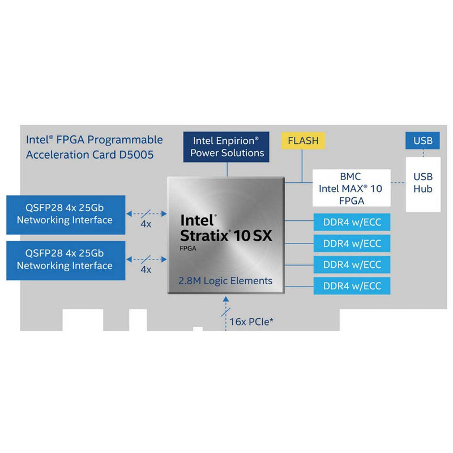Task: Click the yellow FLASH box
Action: (x=304, y=140)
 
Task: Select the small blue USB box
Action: (x=423, y=140)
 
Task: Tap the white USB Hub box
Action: (x=423, y=182)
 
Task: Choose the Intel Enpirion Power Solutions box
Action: (x=227, y=146)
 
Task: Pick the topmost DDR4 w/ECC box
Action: (x=352, y=221)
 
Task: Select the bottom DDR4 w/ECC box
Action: (x=352, y=285)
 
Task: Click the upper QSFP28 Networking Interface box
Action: (x=65, y=214)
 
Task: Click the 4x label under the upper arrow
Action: (x=146, y=224)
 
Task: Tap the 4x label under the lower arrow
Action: (x=146, y=270)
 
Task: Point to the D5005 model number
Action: (x=136, y=153)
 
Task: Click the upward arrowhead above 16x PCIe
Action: (x=227, y=298)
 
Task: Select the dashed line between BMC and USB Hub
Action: (x=399, y=182)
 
